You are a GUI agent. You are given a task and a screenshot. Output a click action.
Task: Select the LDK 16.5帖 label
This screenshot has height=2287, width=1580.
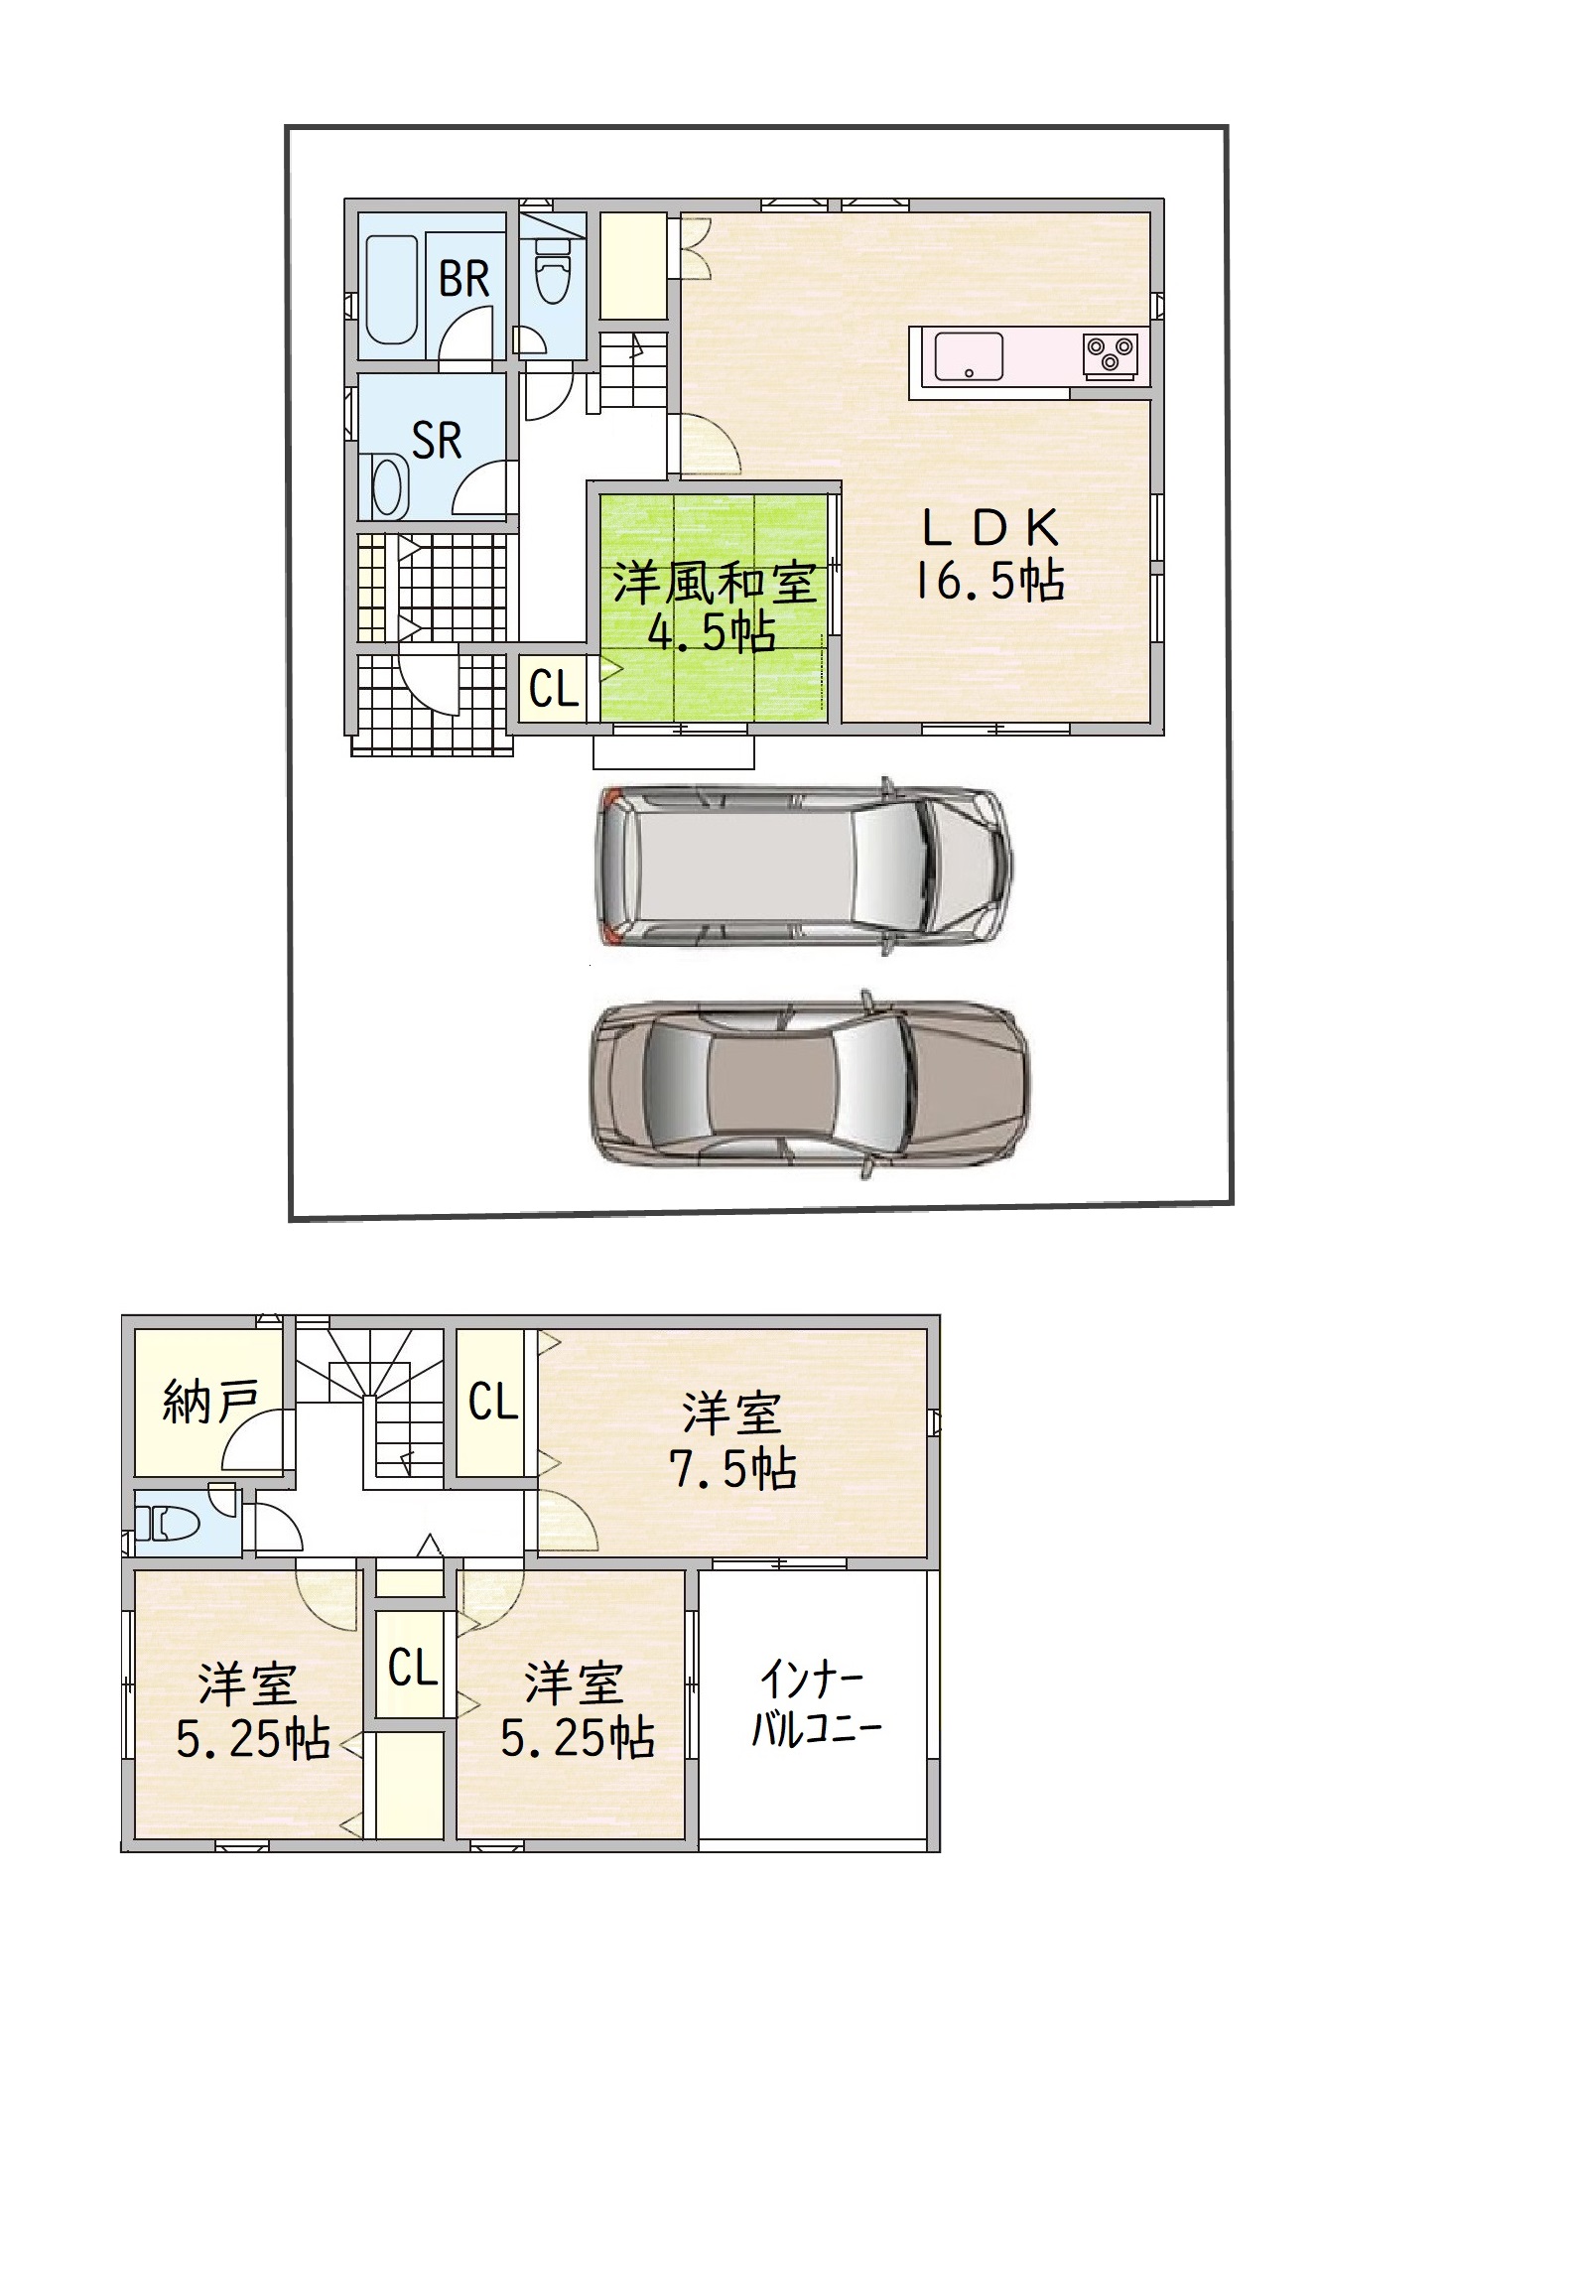point(989,555)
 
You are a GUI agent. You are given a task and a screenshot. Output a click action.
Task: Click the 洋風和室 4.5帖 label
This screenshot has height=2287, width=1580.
point(714,606)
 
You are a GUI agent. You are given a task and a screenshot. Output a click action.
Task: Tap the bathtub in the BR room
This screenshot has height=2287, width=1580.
point(390,289)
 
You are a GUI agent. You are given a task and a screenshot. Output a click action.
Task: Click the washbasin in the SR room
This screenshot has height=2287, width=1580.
point(390,486)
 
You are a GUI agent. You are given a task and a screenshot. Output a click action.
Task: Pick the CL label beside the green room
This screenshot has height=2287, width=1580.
point(554,688)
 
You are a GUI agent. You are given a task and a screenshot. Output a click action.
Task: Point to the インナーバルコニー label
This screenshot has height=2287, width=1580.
point(816,1704)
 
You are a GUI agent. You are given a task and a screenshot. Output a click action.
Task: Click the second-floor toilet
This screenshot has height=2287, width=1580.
point(171,1523)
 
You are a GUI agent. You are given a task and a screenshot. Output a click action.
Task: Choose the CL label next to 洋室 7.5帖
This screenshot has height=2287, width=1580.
point(493,1402)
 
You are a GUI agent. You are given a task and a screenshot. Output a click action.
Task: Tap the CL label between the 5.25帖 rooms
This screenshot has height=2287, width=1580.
point(413,1668)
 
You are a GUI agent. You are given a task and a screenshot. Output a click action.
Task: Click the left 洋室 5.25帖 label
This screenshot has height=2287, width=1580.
point(252,1711)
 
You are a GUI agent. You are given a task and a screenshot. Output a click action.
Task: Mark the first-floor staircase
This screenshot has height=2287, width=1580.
point(632,371)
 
